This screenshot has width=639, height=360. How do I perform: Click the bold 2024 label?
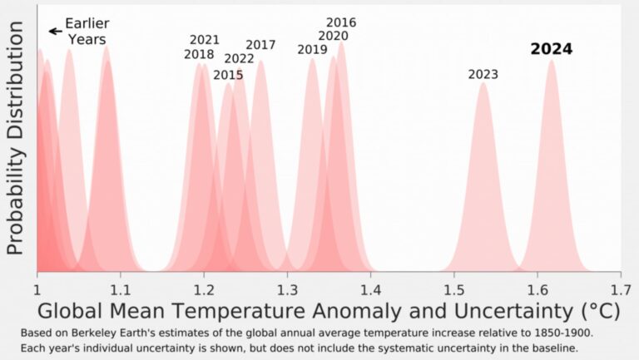pos(552,49)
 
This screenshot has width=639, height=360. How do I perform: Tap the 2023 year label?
pos(483,75)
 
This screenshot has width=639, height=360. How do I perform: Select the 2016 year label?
pos(341,22)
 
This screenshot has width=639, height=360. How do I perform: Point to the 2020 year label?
pos(333,36)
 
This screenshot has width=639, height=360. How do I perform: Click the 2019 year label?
pos(312,50)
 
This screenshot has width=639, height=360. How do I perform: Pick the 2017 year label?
pos(260,45)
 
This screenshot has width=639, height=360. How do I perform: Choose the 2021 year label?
pos(205,40)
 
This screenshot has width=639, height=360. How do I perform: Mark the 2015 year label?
pos(228,75)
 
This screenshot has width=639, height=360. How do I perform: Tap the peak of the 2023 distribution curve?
pos(483,84)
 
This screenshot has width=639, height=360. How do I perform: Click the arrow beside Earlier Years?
pos(56,31)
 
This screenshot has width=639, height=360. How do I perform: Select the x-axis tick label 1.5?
pos(453,288)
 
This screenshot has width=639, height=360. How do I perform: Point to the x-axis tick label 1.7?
pos(620,288)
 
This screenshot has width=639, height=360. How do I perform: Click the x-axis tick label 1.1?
pos(121,288)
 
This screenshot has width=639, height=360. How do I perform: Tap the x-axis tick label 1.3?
pos(287,288)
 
